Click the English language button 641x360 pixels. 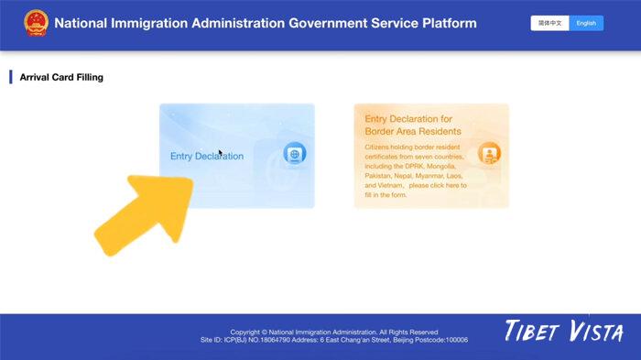pos(586,23)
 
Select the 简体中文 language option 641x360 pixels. pos(549,23)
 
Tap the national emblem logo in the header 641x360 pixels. pos(35,22)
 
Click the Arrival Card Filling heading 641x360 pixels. pos(61,78)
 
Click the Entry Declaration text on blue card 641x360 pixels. pos(207,156)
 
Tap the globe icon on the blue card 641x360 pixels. pos(294,154)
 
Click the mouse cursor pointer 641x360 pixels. pos(221,153)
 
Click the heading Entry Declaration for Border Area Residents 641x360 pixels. pos(413,125)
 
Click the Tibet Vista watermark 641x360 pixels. pos(563,332)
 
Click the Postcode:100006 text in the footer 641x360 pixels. pos(438,340)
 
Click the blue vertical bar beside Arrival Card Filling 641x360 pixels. pos(11,78)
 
